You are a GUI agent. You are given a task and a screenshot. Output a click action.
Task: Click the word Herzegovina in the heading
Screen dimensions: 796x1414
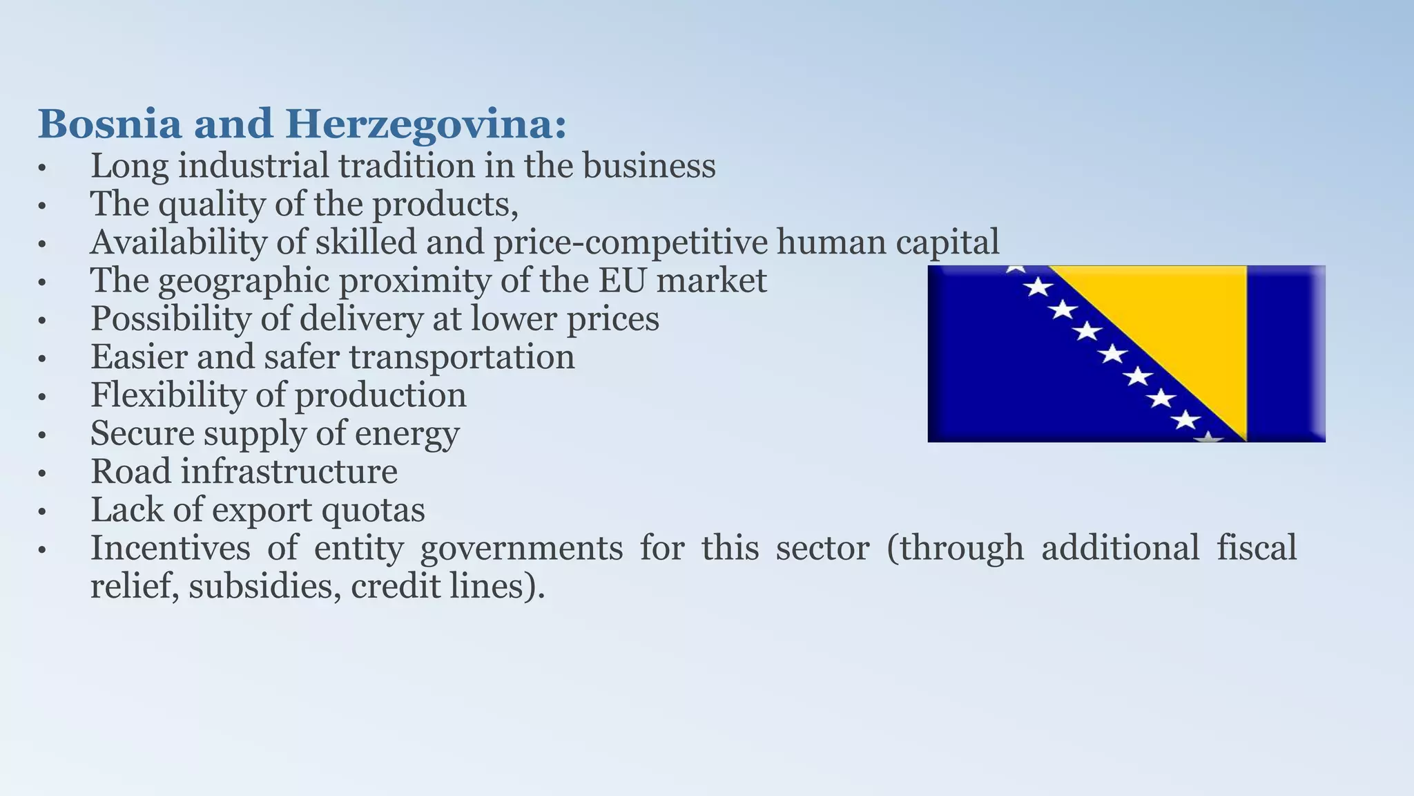(425, 125)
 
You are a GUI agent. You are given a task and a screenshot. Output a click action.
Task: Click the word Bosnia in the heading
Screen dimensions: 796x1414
(110, 125)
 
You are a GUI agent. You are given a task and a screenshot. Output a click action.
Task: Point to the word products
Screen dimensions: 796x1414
(445, 205)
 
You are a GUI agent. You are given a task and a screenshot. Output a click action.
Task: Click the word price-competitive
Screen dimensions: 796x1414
(630, 243)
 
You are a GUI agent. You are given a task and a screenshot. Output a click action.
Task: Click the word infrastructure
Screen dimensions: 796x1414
(289, 472)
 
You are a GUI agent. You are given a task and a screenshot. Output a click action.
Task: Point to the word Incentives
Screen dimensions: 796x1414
(171, 548)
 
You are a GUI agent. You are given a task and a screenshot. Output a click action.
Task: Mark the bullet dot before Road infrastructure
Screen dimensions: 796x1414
(42, 473)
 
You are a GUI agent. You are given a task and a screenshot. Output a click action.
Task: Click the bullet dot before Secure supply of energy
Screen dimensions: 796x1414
(42, 435)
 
